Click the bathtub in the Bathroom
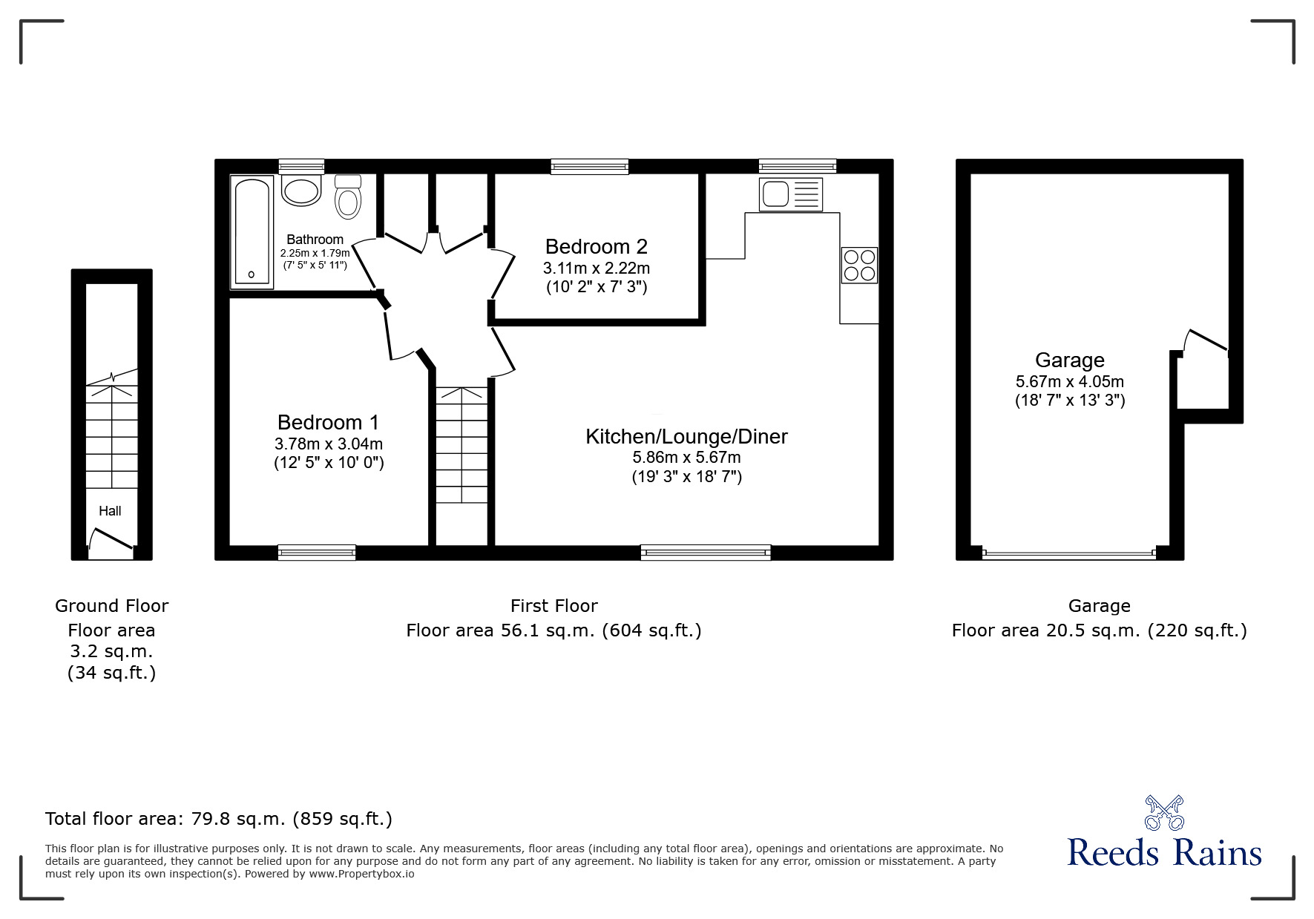(x=253, y=231)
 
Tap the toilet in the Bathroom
(x=347, y=197)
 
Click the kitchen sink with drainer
(x=791, y=194)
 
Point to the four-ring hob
(x=859, y=265)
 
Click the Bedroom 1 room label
(x=328, y=422)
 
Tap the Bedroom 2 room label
(x=596, y=246)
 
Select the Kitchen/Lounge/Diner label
(x=686, y=436)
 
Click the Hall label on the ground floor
(x=110, y=510)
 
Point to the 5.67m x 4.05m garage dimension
(x=1069, y=382)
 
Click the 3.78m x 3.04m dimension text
(x=328, y=444)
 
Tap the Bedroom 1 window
(x=316, y=552)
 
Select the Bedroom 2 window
(x=589, y=166)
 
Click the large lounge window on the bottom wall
(x=705, y=552)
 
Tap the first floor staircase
(x=461, y=445)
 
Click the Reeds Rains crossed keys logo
(x=1164, y=813)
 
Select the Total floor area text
(x=219, y=819)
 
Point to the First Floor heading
(x=553, y=606)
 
